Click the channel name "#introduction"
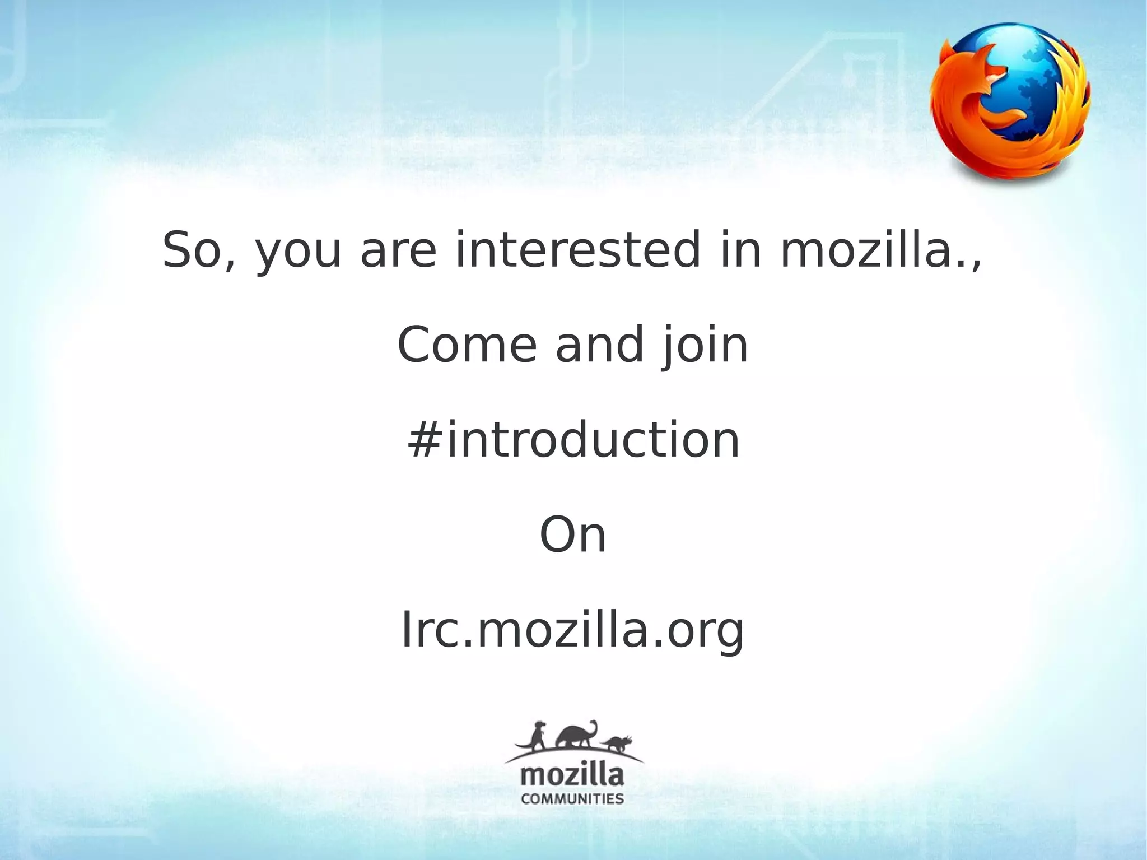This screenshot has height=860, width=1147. tap(573, 440)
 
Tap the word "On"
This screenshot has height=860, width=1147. tap(572, 535)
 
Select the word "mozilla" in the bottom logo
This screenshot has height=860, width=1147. tap(572, 775)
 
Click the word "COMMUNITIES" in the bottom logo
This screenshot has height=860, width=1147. tap(572, 798)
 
